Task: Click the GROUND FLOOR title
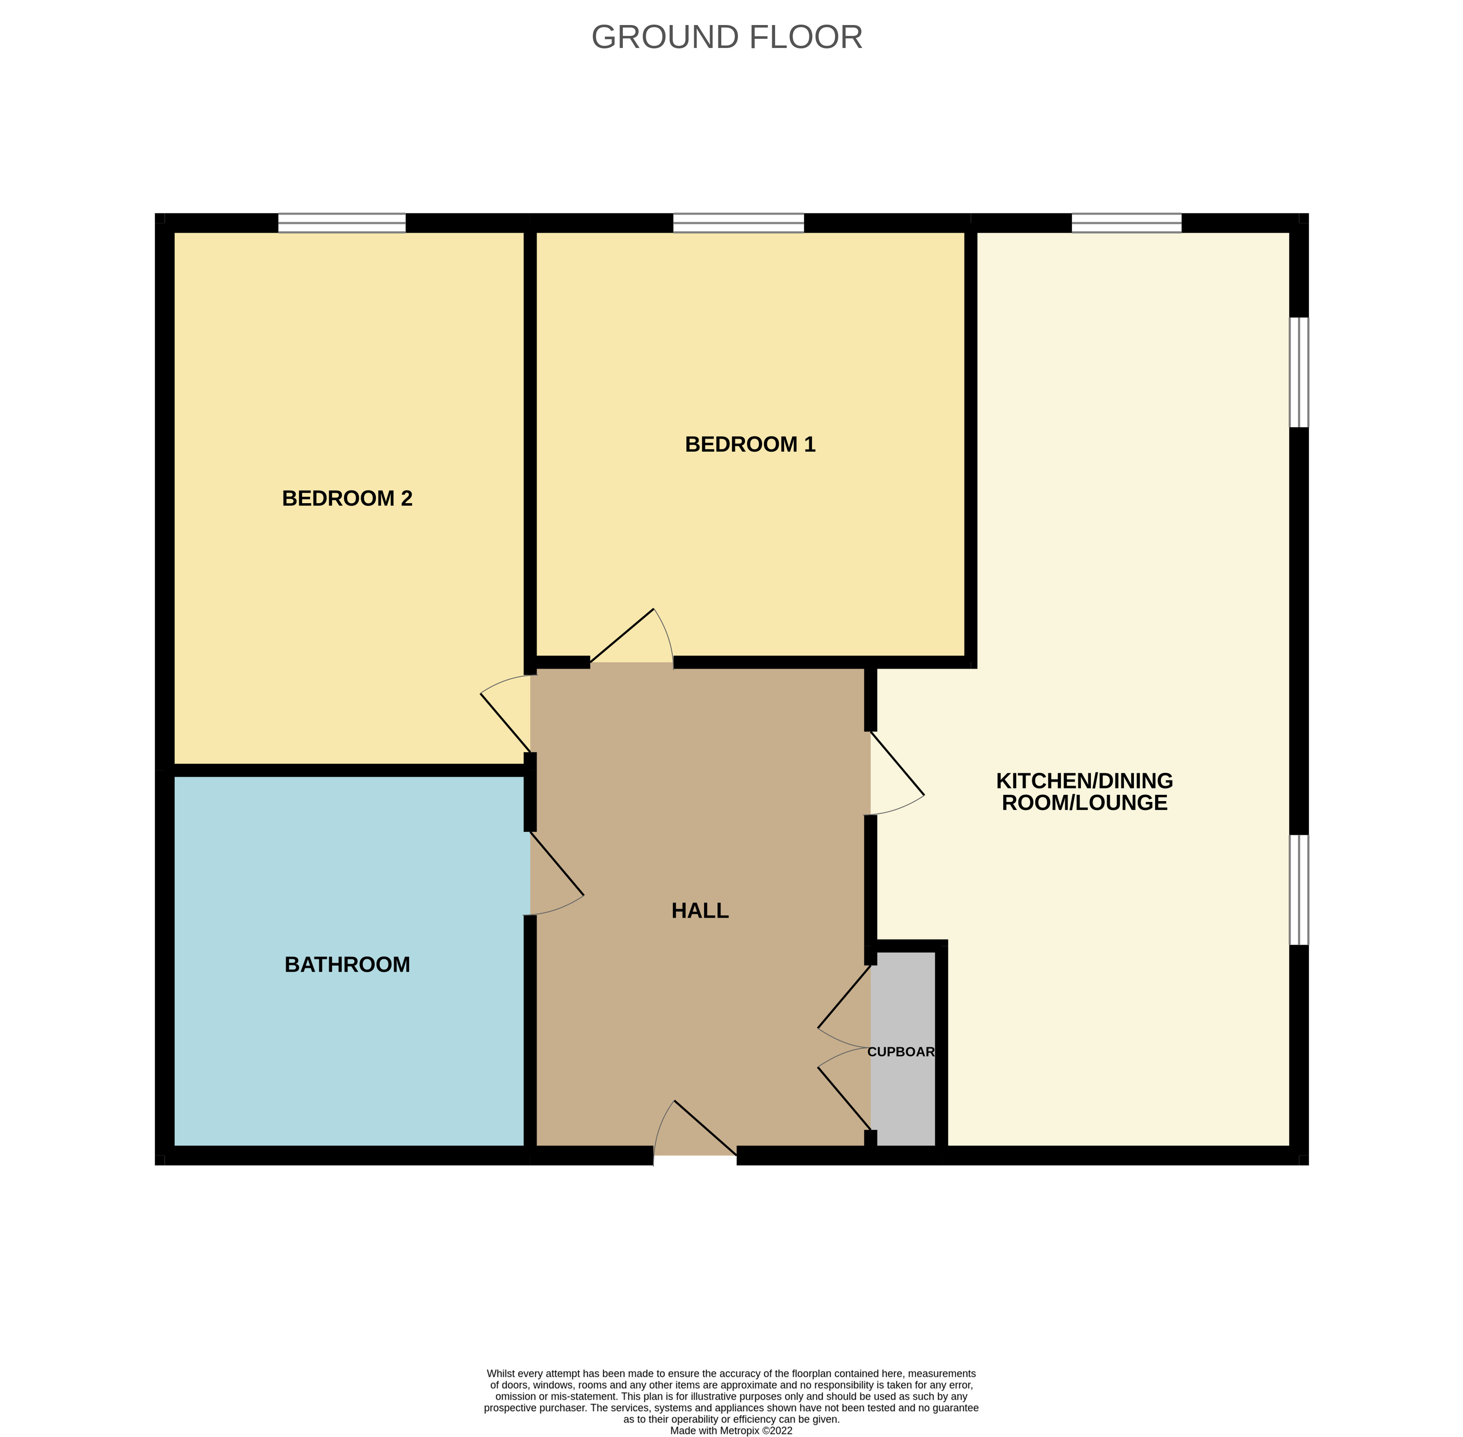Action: [x=727, y=38]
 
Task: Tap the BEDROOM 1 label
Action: [x=750, y=444]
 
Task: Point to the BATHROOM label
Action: [x=347, y=965]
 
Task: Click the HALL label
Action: [x=700, y=911]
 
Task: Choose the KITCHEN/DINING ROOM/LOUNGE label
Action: [x=1084, y=792]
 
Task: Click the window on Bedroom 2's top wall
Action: [x=342, y=223]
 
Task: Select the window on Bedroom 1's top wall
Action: [x=738, y=223]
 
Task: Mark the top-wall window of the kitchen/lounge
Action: [x=1126, y=223]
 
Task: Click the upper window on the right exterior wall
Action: [x=1299, y=372]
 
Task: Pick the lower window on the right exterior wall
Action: [x=1299, y=890]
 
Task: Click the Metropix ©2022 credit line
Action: [x=731, y=1430]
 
